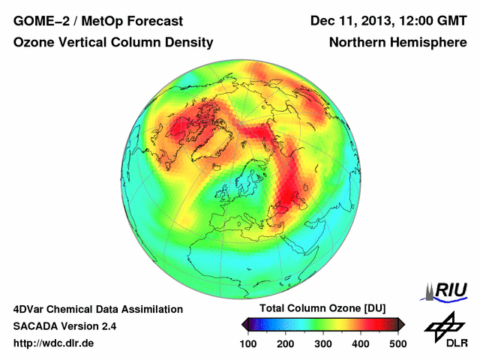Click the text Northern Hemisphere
[x=398, y=43]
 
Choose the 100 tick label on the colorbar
[x=249, y=343]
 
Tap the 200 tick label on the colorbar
[x=286, y=343]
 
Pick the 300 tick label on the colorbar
[x=323, y=343]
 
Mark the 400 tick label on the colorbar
[x=360, y=343]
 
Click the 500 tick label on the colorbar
[x=397, y=343]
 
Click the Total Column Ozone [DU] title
[x=322, y=309]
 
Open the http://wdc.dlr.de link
[x=54, y=343]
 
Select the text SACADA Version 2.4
[x=64, y=326]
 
